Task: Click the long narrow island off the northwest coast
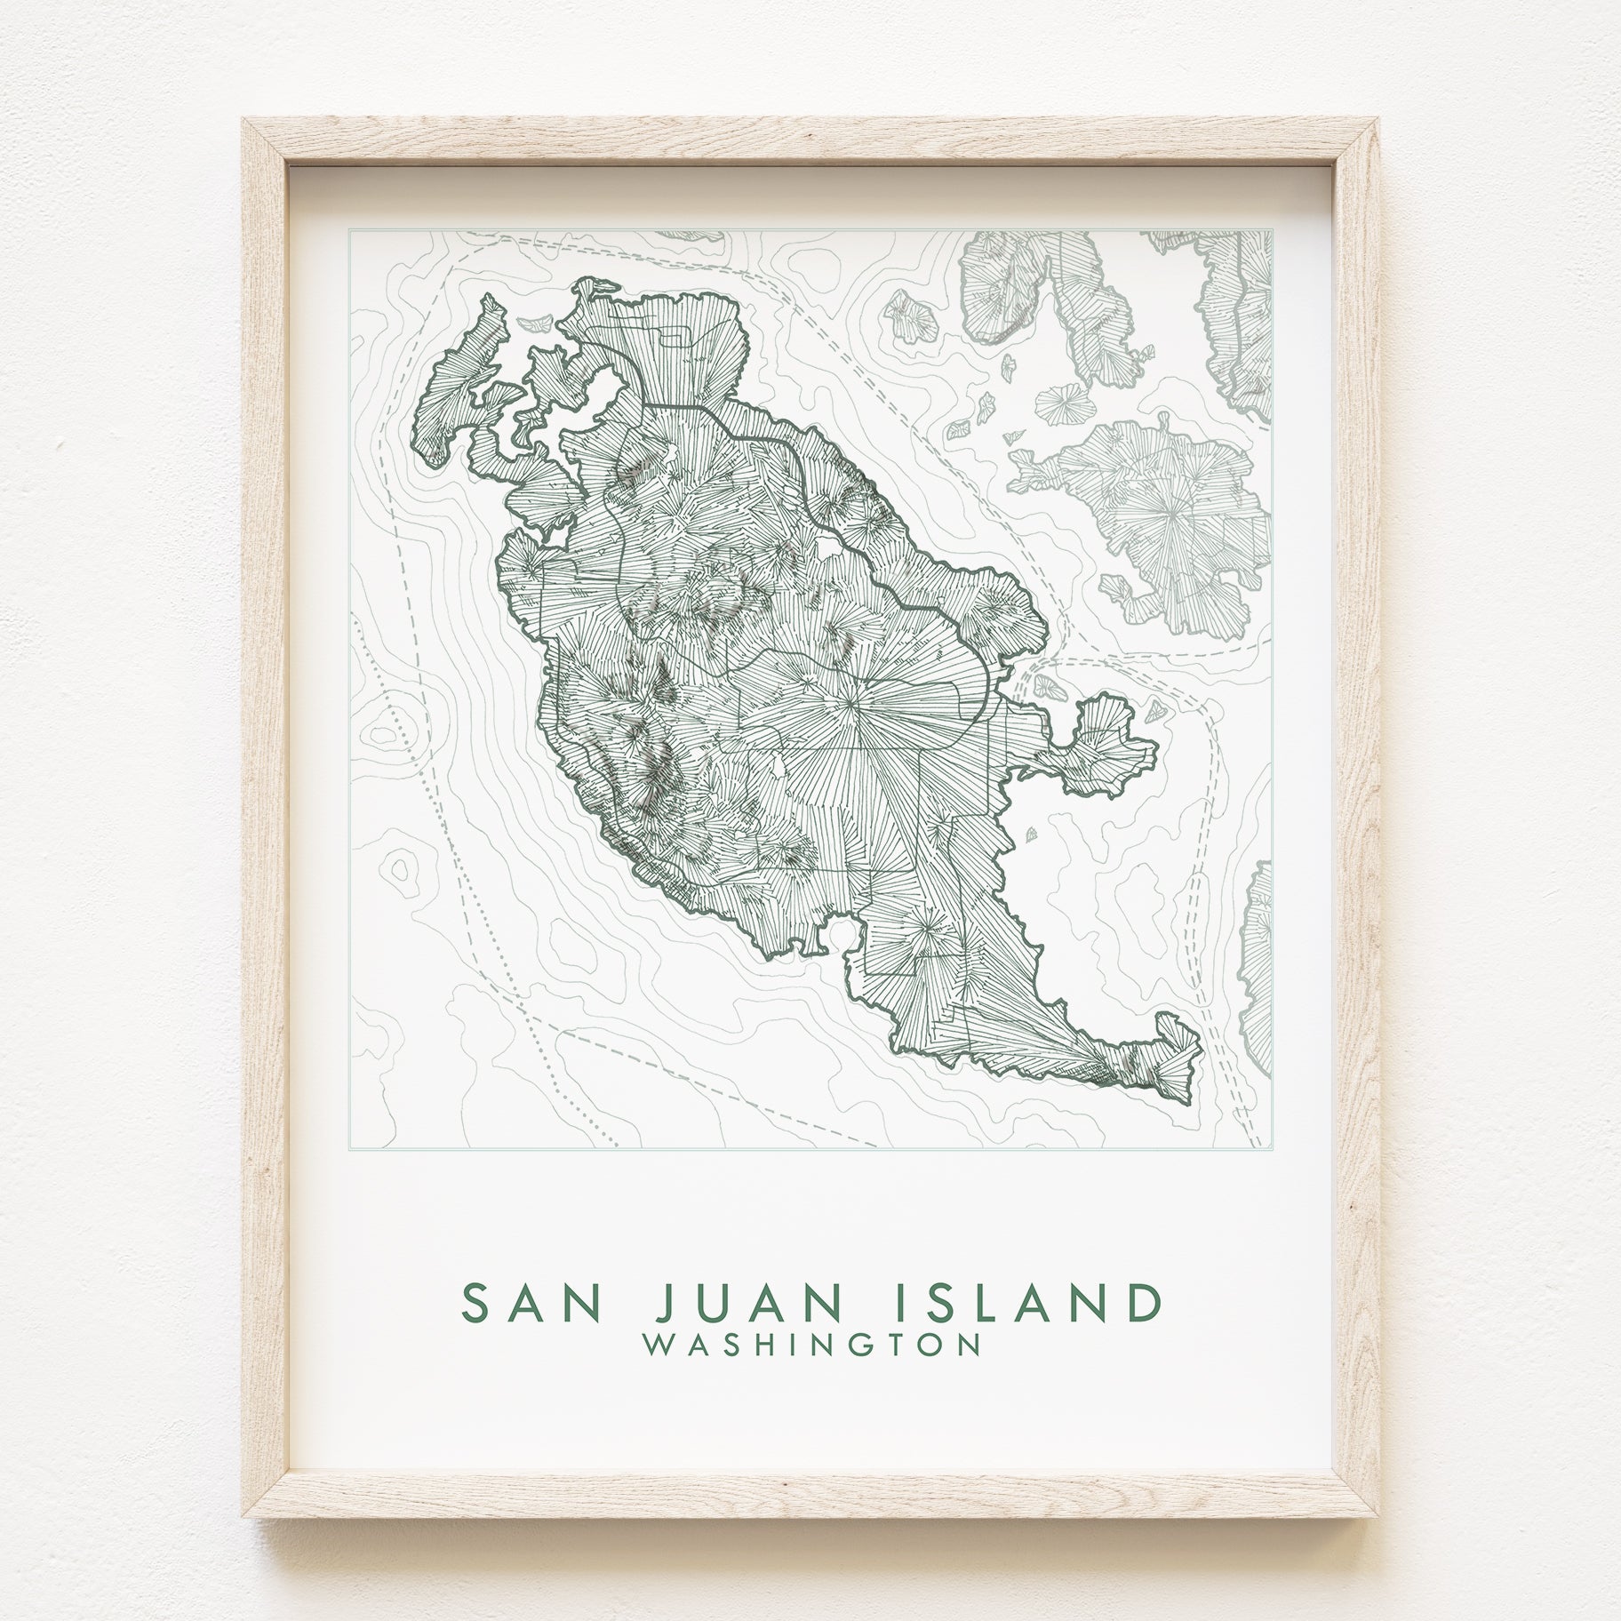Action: [453, 391]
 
